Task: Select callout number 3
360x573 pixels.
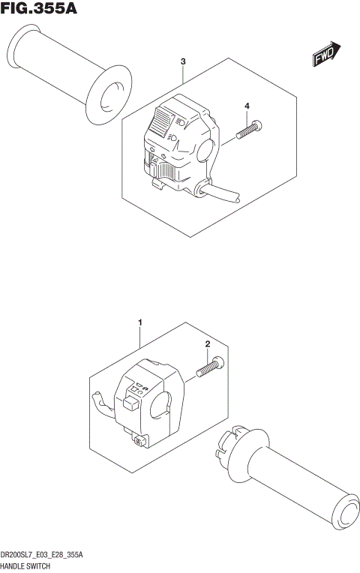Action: tap(183, 61)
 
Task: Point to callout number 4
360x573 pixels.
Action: tap(246, 107)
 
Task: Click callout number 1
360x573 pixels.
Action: tap(139, 322)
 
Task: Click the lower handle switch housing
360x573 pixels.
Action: tap(146, 405)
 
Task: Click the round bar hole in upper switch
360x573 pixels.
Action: tap(208, 148)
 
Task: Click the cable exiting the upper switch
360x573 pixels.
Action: tap(221, 193)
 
